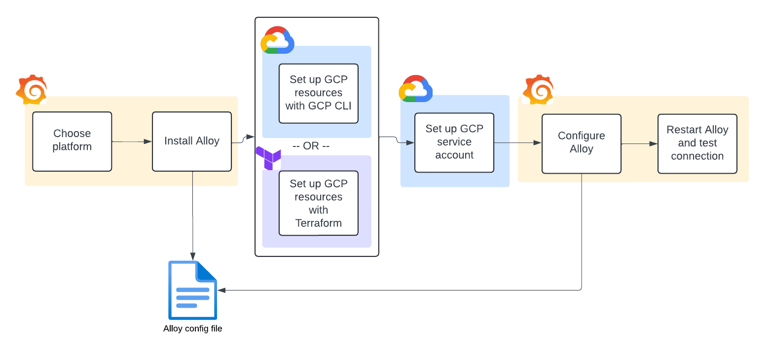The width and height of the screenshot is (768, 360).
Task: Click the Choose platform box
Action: click(72, 141)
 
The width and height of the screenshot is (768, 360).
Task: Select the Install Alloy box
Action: click(191, 141)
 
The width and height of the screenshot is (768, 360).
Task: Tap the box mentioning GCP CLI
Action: click(318, 93)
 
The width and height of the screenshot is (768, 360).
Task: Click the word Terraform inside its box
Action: click(318, 223)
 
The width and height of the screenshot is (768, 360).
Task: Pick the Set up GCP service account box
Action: click(454, 142)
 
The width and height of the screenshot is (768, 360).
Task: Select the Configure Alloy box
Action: click(581, 144)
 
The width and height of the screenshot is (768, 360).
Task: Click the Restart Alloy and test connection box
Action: click(697, 144)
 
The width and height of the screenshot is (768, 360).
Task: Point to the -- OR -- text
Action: click(311, 146)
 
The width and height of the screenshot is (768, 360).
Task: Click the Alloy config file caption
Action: click(192, 328)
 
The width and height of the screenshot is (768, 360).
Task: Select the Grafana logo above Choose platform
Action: click(32, 90)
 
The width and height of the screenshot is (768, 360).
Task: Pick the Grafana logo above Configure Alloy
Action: click(538, 90)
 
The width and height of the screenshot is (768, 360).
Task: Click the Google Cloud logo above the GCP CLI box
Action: click(277, 40)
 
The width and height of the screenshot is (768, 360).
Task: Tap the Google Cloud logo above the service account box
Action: click(415, 89)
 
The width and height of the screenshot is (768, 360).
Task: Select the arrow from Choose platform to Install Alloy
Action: click(132, 142)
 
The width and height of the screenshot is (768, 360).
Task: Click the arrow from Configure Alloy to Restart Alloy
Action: click(639, 144)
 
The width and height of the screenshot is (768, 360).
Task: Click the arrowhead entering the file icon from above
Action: click(192, 256)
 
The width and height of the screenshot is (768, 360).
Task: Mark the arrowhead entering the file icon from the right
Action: click(221, 290)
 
